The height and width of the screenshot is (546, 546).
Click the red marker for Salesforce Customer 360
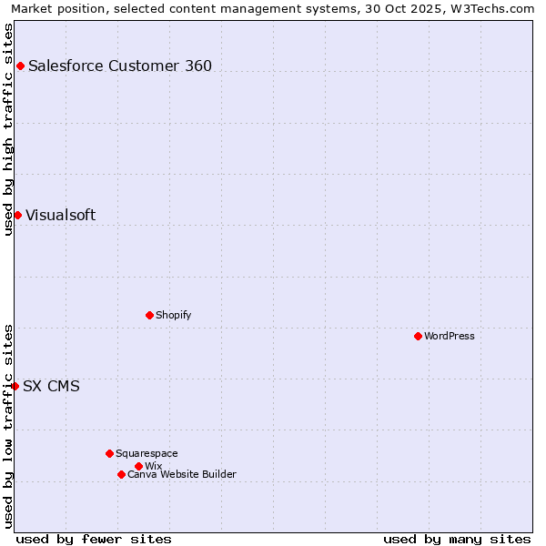[x=20, y=66]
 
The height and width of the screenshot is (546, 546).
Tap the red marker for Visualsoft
[x=17, y=215]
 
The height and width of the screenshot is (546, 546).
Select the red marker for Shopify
[x=149, y=315]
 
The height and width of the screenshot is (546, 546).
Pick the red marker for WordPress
[x=418, y=336]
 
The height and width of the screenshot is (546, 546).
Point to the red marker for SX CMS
[x=15, y=386]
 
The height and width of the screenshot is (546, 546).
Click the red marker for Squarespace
[x=109, y=453]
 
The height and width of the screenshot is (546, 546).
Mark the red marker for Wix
[x=138, y=466]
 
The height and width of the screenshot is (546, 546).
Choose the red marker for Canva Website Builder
[x=121, y=474]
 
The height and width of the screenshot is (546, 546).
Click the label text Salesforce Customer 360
[x=120, y=66]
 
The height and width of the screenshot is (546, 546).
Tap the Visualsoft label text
[x=60, y=215]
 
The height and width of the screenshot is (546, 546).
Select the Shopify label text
[x=173, y=315]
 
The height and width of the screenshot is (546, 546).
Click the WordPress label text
[x=450, y=336]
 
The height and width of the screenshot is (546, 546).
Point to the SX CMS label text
[x=51, y=386]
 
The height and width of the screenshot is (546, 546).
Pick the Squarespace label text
[x=147, y=453]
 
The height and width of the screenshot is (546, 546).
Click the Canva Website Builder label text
[x=182, y=474]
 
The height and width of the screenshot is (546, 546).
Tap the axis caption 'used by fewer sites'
[x=94, y=539]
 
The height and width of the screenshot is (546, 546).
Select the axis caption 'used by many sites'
[x=457, y=539]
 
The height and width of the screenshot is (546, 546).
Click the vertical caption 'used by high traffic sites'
[x=9, y=129]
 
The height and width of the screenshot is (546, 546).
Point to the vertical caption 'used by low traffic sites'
[x=9, y=426]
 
